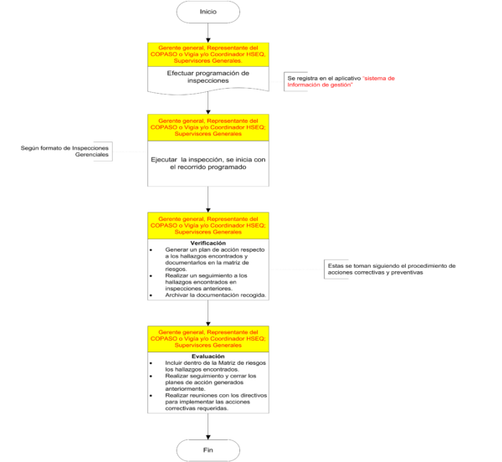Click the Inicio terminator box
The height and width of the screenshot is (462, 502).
click(x=208, y=12)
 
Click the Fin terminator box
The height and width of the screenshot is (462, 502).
click(x=208, y=450)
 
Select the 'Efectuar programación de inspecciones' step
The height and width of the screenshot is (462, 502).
click(x=208, y=77)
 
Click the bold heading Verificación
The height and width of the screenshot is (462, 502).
click(x=208, y=243)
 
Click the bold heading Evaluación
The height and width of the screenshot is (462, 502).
click(x=208, y=356)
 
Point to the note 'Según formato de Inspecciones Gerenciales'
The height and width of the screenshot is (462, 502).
click(x=69, y=152)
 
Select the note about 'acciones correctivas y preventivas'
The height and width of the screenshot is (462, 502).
click(x=392, y=269)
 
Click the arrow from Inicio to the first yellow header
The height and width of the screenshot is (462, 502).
click(x=208, y=33)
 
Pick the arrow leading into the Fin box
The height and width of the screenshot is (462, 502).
click(x=208, y=424)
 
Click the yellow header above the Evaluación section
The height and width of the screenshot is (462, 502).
click(x=208, y=338)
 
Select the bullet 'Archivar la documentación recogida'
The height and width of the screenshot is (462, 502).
click(x=208, y=295)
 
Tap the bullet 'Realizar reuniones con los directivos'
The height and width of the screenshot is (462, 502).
click(x=208, y=400)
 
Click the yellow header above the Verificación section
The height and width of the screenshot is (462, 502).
click(x=208, y=225)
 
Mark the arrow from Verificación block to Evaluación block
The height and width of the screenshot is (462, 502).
click(x=208, y=313)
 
